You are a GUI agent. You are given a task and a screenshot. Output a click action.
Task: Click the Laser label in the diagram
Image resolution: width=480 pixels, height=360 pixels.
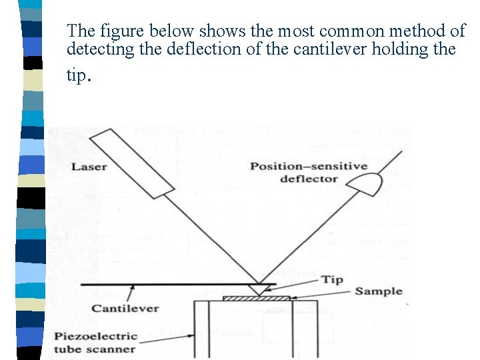[89, 166]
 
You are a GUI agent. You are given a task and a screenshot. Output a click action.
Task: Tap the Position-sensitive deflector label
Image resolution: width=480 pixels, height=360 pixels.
[309, 172]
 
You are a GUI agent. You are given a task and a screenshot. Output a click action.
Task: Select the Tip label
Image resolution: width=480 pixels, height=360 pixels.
[332, 279]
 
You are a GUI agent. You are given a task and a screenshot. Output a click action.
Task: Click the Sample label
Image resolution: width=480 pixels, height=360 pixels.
[378, 291]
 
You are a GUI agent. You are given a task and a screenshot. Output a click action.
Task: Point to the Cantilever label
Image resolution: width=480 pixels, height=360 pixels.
[125, 308]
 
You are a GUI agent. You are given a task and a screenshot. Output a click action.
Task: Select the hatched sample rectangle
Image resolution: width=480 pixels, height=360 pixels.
[256, 298]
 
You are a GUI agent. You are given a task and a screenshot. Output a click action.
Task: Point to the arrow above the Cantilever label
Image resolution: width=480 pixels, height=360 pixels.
[133, 293]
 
